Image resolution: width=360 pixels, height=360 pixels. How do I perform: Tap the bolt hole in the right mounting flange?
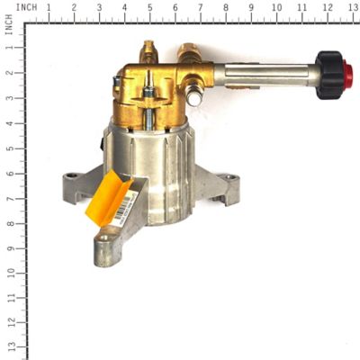click(x=231, y=178)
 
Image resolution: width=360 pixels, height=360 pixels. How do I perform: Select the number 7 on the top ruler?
click(x=200, y=7)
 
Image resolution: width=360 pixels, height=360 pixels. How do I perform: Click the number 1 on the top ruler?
click(x=48, y=7)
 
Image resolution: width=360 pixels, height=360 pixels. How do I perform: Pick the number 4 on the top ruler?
click(x=124, y=7)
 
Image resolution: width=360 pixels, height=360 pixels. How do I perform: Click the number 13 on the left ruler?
click(x=8, y=346)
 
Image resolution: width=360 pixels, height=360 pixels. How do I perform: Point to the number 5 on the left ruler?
click(x=8, y=146)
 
